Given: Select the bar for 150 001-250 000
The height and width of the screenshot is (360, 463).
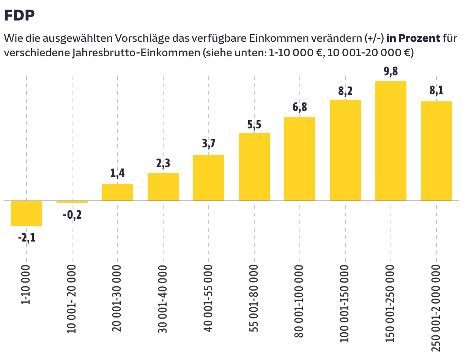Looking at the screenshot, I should click(x=391, y=141).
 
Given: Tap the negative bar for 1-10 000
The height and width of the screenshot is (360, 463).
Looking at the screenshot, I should click(x=27, y=213).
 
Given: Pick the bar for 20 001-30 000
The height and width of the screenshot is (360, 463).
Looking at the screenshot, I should click(x=118, y=192).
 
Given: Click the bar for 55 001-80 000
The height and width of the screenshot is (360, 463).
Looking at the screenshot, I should click(x=254, y=167).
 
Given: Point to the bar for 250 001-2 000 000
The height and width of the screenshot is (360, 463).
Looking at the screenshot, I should click(x=436, y=151).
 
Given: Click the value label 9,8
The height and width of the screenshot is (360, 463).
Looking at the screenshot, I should click(x=391, y=71).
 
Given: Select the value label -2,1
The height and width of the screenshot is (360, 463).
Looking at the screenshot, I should click(x=27, y=239).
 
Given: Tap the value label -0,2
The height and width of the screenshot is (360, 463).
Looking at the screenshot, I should click(x=72, y=215).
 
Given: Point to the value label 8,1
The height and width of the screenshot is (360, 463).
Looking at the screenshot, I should click(x=436, y=92).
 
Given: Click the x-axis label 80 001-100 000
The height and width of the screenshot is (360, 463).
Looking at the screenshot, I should click(x=299, y=300).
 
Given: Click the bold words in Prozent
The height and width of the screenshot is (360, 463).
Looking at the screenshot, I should click(x=413, y=38).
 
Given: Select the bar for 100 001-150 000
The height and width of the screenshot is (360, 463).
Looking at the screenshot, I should click(x=345, y=150).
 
